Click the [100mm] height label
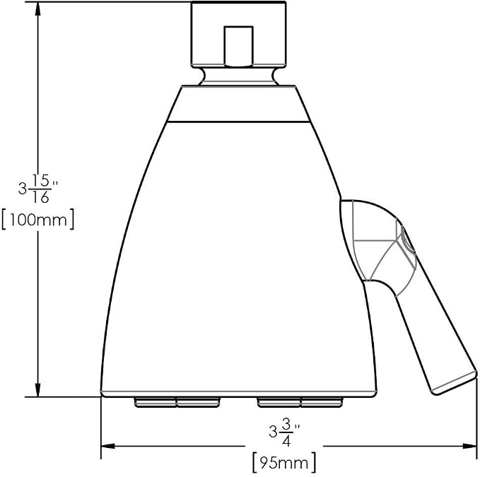(37, 219)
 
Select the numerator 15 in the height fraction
(40, 181)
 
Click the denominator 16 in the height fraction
(40, 197)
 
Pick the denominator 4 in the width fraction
(286, 440)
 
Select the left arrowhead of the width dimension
(108, 446)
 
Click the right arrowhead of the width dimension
(470, 446)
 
